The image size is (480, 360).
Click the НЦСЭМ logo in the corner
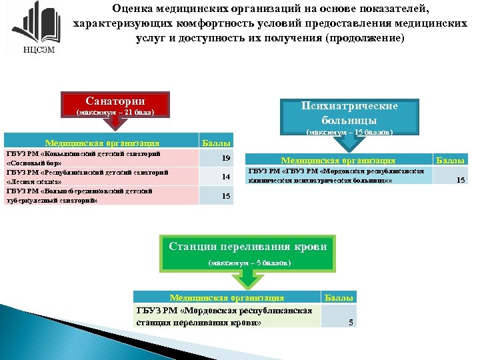tap(31, 29)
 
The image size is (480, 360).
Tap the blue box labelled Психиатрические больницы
tap(349, 114)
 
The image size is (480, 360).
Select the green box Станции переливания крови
tap(248, 246)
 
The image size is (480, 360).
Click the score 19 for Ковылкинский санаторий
tap(225, 158)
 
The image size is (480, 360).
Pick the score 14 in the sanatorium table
tap(225, 177)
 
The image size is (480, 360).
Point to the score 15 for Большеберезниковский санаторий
tap(225, 196)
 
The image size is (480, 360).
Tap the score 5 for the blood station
tap(351, 323)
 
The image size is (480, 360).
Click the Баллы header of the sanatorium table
tap(216, 143)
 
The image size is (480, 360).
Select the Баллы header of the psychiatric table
tap(450, 160)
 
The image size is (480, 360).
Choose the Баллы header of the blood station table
tap(339, 298)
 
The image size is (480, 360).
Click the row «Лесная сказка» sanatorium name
tap(87, 177)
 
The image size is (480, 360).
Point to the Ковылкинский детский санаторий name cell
tap(87, 158)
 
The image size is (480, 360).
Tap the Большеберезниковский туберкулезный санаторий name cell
tap(87, 196)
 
